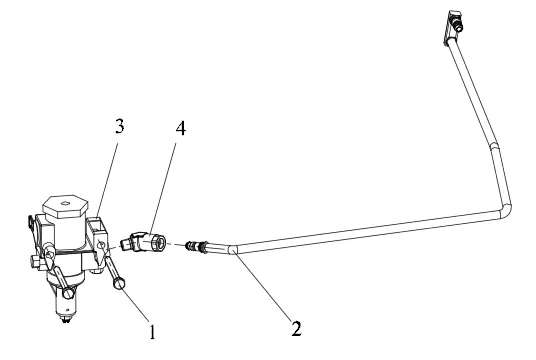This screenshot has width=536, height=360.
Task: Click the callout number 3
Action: click(x=119, y=126)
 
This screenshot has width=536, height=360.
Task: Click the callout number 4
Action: click(x=181, y=129)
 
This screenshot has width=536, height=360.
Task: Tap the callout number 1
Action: click(x=152, y=332)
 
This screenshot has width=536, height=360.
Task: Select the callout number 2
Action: click(x=296, y=329)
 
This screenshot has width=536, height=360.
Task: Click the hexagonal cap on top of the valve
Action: click(x=65, y=206)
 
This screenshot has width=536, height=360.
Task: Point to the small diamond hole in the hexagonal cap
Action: click(x=65, y=204)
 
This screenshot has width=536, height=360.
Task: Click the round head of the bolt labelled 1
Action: click(x=119, y=283)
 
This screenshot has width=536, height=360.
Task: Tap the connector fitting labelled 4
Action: click(x=143, y=242)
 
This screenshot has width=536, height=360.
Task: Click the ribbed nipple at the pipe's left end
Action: click(x=196, y=246)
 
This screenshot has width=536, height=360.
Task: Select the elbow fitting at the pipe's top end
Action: click(x=452, y=27)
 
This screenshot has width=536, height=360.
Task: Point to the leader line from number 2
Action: click(x=262, y=285)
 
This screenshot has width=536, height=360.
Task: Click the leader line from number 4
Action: click(x=163, y=188)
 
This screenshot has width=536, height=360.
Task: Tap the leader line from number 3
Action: click(x=107, y=180)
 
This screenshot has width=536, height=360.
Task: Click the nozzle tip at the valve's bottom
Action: click(x=66, y=320)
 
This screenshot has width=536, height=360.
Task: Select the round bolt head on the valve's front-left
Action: click(x=68, y=293)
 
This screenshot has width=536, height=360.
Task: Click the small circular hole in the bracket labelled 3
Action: click(x=100, y=245)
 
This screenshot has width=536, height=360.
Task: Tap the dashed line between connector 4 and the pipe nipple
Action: click(x=175, y=244)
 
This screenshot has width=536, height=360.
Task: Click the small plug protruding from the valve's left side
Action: click(x=35, y=262)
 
